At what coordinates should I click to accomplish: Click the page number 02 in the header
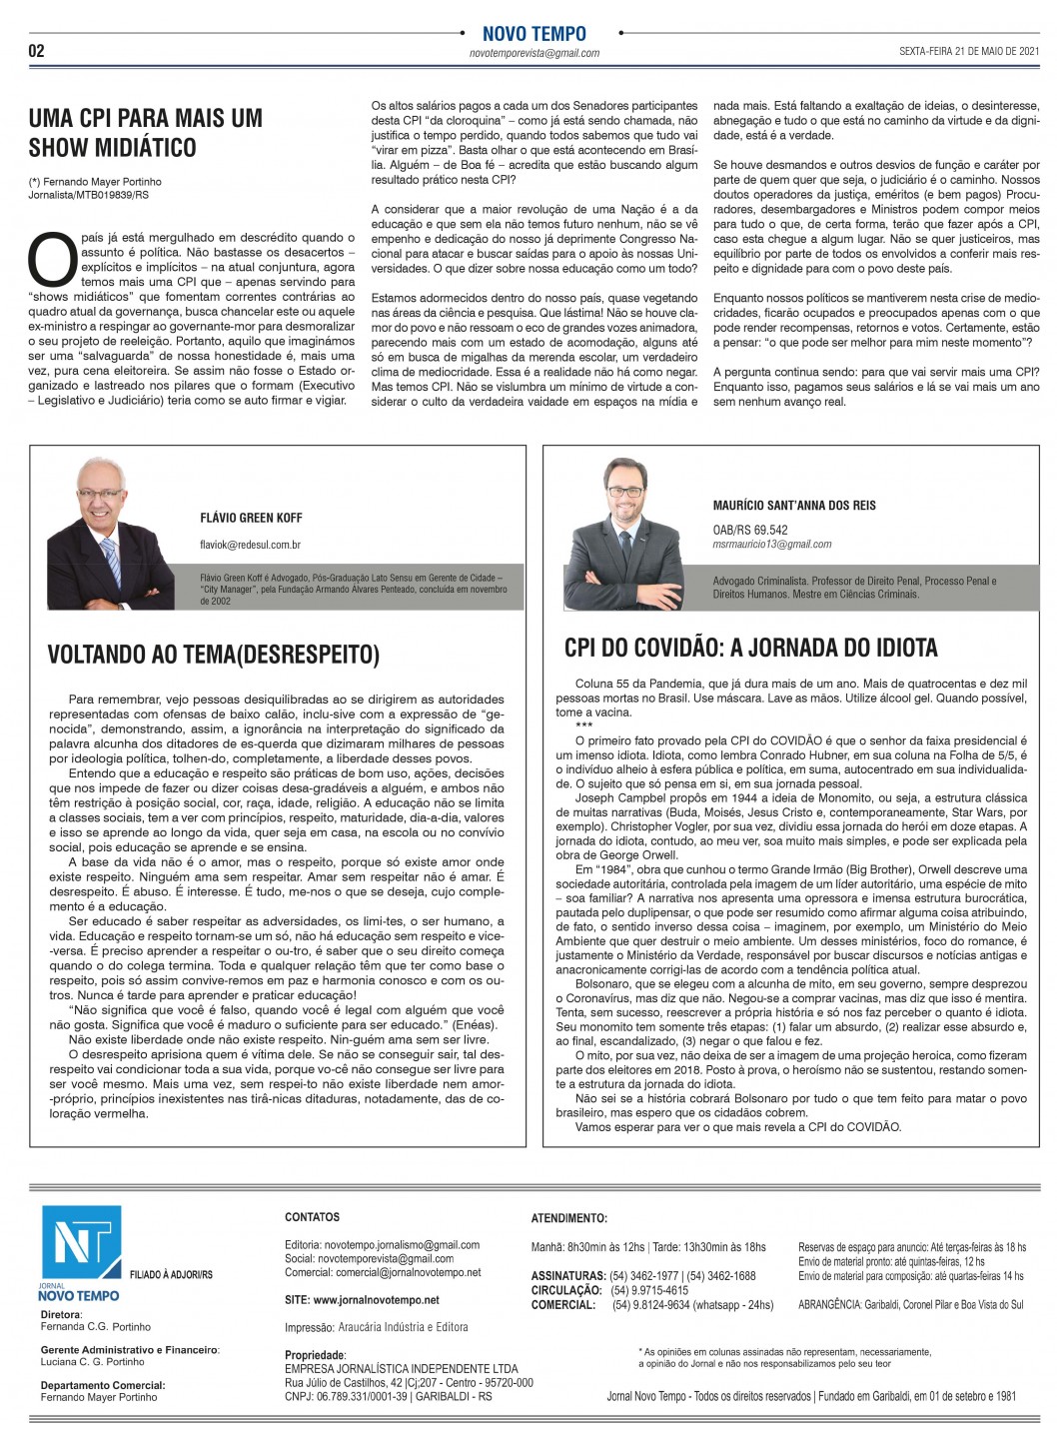point(36,51)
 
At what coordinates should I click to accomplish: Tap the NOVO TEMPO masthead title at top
point(533,34)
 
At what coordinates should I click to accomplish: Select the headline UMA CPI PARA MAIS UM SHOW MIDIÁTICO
point(146,133)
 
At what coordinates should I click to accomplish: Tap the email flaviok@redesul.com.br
point(251,545)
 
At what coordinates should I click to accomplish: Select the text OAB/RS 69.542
point(750,530)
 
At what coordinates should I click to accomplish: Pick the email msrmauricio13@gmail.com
point(772,544)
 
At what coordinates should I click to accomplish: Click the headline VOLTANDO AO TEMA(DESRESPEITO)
point(214,655)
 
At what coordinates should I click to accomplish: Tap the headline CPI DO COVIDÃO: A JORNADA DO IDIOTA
point(751,649)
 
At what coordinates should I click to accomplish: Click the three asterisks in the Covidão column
point(583,726)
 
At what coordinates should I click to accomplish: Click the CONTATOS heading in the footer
point(312,1217)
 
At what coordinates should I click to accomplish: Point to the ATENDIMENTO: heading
point(568,1218)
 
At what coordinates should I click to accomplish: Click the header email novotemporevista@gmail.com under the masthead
point(533,53)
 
